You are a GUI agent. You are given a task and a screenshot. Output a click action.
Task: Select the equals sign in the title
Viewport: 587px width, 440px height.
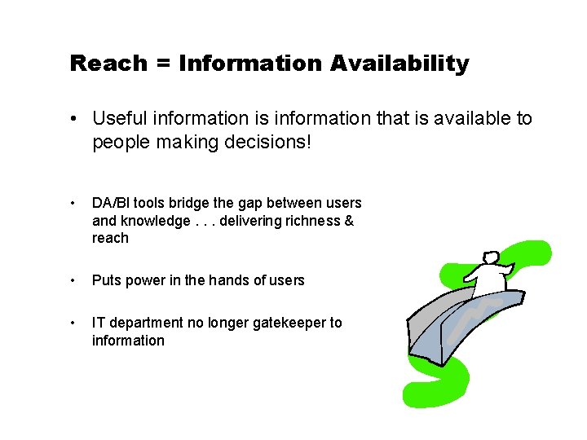tap(163, 64)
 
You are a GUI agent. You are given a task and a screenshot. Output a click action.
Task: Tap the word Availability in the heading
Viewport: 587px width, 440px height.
tap(399, 64)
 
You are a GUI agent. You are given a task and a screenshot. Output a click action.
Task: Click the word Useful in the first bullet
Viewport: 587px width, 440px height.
tap(118, 118)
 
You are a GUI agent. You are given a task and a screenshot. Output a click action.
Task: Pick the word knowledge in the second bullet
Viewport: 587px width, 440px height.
tap(153, 221)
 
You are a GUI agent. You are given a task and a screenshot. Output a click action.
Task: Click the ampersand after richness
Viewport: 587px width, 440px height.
tap(350, 221)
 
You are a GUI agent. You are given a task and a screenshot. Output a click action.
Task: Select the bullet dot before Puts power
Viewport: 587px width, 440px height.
tap(74, 280)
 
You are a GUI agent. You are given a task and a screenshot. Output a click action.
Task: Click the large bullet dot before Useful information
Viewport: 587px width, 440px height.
tap(75, 119)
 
